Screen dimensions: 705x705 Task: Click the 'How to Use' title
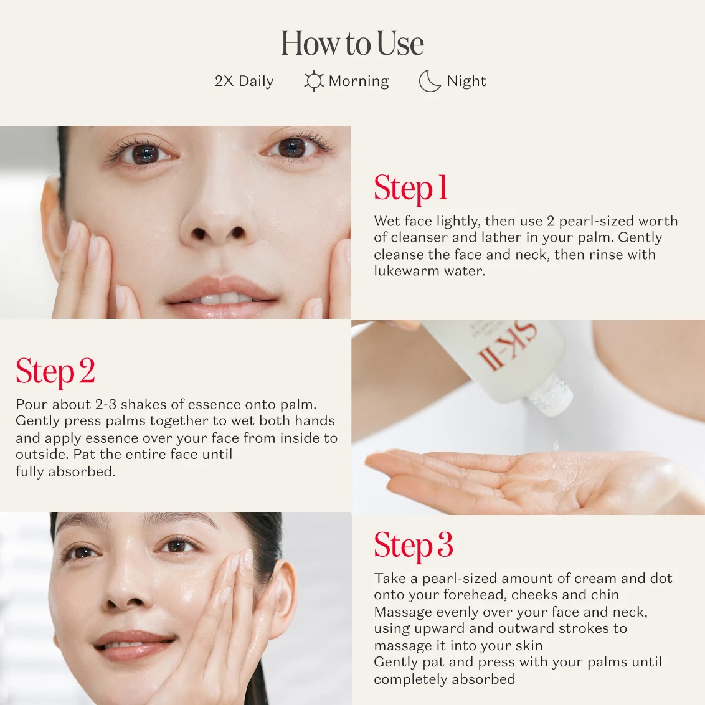coord(352,43)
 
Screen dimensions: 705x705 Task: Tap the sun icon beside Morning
coord(313,81)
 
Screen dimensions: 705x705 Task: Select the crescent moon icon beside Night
coord(429,81)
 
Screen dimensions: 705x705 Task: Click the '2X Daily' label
coord(244,81)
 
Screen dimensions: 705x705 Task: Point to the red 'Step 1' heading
coord(411,188)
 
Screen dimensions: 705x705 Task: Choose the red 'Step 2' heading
coord(55,371)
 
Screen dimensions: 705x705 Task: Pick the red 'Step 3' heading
coord(413,545)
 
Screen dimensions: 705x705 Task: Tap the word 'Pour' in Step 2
coord(31,404)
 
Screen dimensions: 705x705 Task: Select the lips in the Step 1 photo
coord(221,291)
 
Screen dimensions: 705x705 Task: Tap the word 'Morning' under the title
coord(359,81)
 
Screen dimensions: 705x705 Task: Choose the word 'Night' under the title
coord(466,81)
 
